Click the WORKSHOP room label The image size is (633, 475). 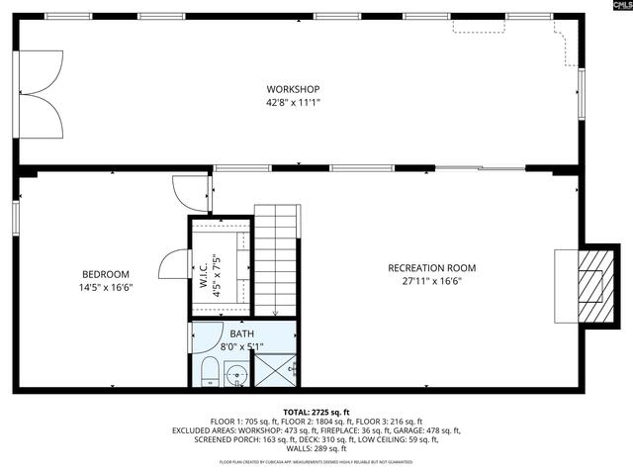[293, 89]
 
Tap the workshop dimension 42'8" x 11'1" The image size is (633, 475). [293, 102]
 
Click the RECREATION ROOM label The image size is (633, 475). [431, 268]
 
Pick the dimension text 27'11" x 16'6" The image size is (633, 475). [431, 281]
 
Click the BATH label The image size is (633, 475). [241, 333]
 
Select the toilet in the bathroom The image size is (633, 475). [209, 374]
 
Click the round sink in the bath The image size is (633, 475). [236, 375]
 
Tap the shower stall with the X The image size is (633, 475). [276, 368]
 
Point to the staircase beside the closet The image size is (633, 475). [277, 257]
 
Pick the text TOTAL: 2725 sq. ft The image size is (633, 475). [316, 412]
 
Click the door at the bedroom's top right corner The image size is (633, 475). [191, 191]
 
